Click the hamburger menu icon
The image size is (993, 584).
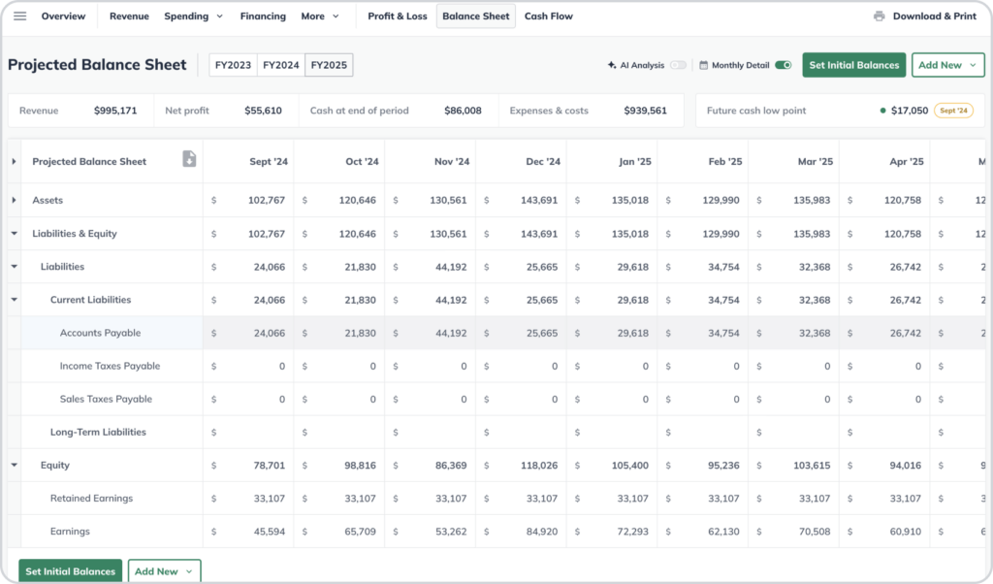click(19, 16)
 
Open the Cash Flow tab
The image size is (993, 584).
click(548, 16)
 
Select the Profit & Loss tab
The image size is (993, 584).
click(397, 16)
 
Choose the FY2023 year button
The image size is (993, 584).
click(233, 65)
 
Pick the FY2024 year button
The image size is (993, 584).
click(280, 65)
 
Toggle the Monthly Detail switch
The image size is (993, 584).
click(783, 65)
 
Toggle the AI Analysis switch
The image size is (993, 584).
click(678, 65)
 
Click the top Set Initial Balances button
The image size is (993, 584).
click(854, 65)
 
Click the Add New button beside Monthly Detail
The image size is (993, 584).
click(947, 65)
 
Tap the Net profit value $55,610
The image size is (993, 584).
click(263, 111)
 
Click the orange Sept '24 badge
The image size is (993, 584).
click(952, 111)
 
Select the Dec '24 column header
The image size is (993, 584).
click(540, 162)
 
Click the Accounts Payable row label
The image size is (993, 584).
click(100, 333)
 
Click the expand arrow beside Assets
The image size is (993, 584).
click(14, 200)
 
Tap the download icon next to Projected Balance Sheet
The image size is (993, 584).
click(189, 159)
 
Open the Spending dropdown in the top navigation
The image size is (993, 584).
click(193, 16)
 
